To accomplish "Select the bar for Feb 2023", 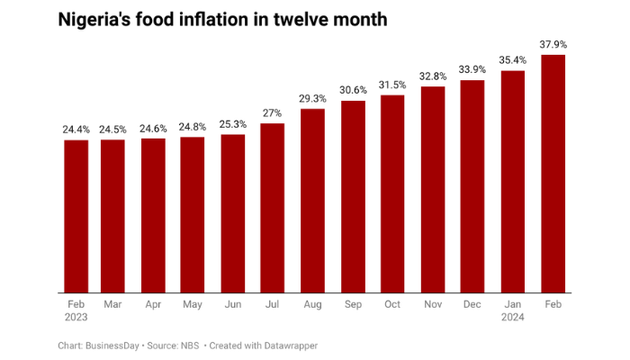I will pyautogui.click(x=76, y=216).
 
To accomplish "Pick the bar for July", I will pyautogui.click(x=272, y=208).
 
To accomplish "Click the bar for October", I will pyautogui.click(x=392, y=193).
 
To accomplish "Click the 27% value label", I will pyautogui.click(x=272, y=113).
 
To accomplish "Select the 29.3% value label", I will pyautogui.click(x=312, y=99).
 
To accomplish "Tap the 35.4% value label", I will pyautogui.click(x=513, y=60).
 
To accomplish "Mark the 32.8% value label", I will pyautogui.click(x=433, y=76).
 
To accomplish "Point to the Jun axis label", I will pyautogui.click(x=232, y=305).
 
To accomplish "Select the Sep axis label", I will pyautogui.click(x=352, y=305).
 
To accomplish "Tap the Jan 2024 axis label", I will pyautogui.click(x=513, y=311).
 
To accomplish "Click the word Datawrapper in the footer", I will pyautogui.click(x=292, y=346).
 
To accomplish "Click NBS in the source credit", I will pyautogui.click(x=190, y=346).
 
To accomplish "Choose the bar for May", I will pyautogui.click(x=192, y=215).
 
